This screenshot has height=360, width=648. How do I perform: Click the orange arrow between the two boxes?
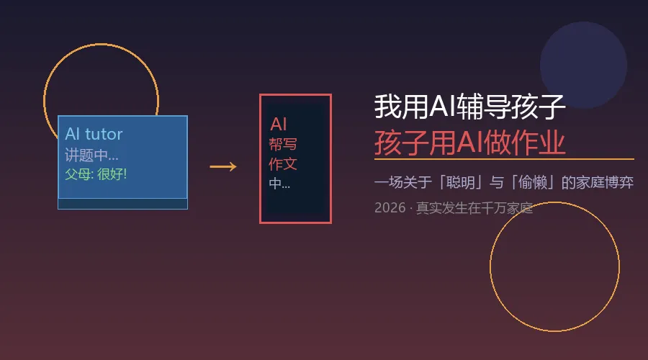tap(222, 167)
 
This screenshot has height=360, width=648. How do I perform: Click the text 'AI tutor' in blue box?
tap(94, 134)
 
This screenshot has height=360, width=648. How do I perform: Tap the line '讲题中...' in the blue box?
tap(91, 155)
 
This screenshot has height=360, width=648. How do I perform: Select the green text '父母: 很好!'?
tap(96, 174)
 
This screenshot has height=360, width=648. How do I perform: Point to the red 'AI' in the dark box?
tap(279, 124)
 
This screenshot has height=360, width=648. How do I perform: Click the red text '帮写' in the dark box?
tap(283, 144)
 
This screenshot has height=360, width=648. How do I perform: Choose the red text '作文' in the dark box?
tap(283, 163)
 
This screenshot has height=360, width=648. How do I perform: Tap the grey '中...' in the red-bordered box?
tap(279, 184)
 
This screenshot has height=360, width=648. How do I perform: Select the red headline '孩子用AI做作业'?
tap(469, 142)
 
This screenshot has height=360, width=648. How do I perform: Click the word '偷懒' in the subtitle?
tap(531, 182)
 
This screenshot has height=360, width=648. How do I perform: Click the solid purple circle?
tap(583, 65)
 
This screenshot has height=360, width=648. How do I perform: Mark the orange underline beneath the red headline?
tap(504, 158)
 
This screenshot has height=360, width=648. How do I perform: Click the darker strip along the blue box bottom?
tap(122, 204)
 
